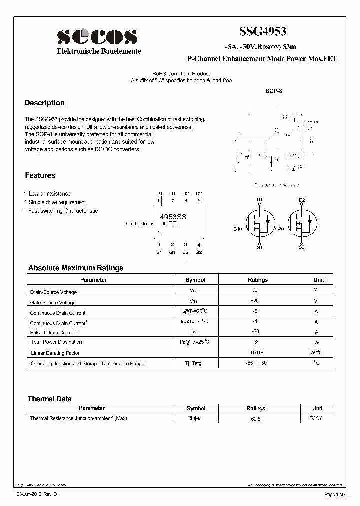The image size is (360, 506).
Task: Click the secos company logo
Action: [x=97, y=36]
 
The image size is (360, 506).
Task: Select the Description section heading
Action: [x=45, y=103]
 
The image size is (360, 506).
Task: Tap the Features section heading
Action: [x=40, y=175]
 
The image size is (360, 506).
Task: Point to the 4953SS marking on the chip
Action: [x=173, y=217]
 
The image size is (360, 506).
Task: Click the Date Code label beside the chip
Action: [x=135, y=224]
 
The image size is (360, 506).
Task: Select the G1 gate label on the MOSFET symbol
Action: [x=237, y=228]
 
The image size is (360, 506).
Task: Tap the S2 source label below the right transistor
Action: [x=302, y=247]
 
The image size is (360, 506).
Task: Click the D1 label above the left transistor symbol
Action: [x=259, y=200]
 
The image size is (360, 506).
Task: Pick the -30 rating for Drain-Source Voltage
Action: [x=255, y=290]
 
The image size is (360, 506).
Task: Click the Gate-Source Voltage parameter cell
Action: [x=53, y=303]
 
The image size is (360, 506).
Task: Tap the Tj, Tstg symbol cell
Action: [x=193, y=363]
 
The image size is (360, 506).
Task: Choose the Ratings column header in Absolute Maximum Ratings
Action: [x=257, y=280]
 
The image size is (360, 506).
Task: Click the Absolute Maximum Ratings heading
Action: [x=75, y=268]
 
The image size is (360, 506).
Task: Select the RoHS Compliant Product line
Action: [x=181, y=73]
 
